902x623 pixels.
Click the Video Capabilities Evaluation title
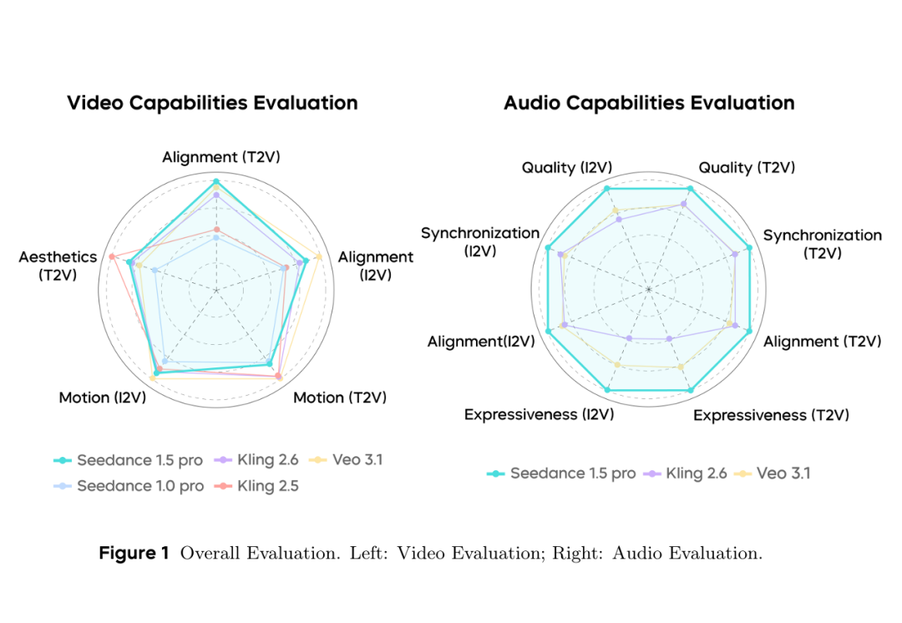click(212, 103)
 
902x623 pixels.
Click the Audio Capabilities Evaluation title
click(649, 103)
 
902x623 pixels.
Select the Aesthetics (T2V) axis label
click(58, 265)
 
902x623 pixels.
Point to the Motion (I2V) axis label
click(102, 398)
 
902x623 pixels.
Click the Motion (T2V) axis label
click(340, 398)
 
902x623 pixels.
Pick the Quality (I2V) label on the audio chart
click(560, 168)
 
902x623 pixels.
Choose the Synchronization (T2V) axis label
click(822, 244)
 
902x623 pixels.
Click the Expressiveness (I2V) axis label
click(539, 414)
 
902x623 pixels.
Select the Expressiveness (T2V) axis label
click(771, 414)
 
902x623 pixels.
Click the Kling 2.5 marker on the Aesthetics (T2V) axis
click(112, 256)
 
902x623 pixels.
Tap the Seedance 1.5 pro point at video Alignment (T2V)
click(216, 181)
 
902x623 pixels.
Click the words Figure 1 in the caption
click(134, 553)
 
